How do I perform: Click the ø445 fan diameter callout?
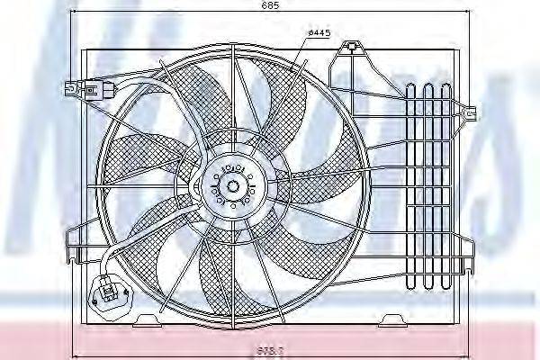click(319, 33)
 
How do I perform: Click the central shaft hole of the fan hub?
click(234, 186)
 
